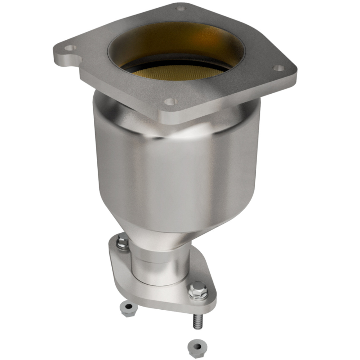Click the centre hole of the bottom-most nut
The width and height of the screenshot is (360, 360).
coord(195,345)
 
